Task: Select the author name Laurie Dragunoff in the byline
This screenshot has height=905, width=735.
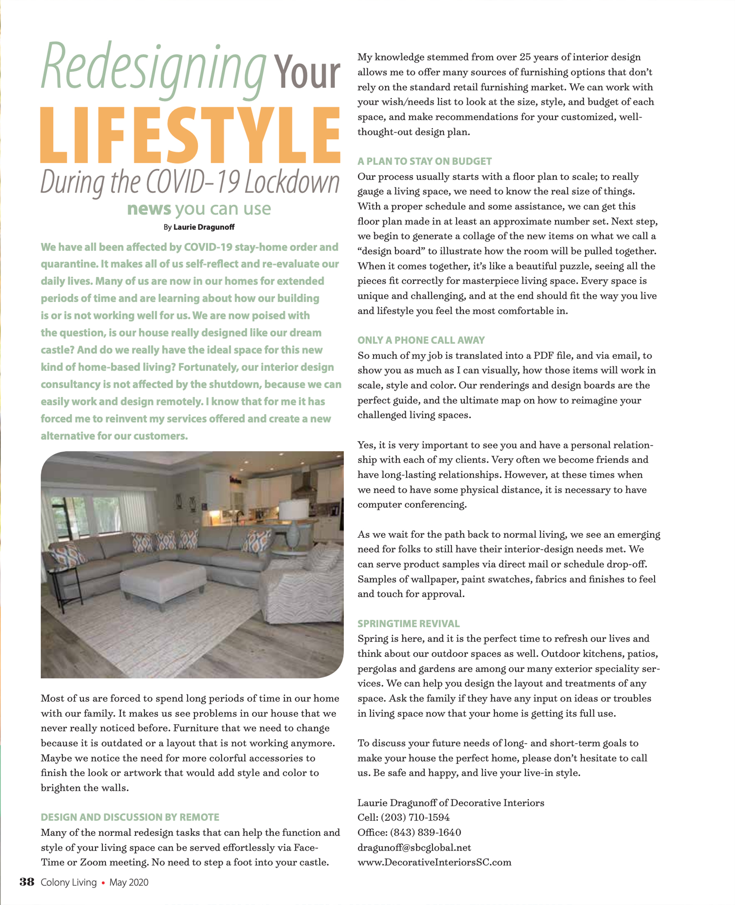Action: tap(204, 227)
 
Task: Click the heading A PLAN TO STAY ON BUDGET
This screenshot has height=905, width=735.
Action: tap(424, 161)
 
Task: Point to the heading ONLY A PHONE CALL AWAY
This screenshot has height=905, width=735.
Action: tap(421, 340)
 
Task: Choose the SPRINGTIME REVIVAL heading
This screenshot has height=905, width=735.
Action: tap(408, 624)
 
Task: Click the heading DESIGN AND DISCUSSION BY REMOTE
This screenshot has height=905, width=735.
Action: tap(130, 817)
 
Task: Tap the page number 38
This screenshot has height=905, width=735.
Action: tap(27, 882)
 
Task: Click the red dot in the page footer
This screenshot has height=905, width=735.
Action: tap(103, 883)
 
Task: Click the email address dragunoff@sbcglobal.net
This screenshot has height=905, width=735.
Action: tap(414, 848)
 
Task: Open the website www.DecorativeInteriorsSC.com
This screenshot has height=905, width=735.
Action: tap(434, 862)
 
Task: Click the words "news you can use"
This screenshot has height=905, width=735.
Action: tap(198, 209)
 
